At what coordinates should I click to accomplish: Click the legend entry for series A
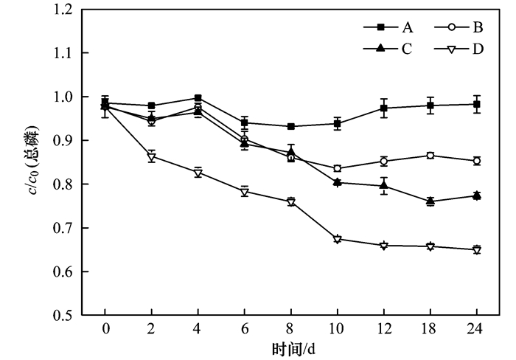pos(391,27)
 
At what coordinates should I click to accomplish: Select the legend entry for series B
pos(463,27)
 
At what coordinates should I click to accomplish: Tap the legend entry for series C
pos(391,49)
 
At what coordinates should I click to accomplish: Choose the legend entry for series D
pos(463,49)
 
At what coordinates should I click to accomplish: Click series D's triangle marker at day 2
pos(152,156)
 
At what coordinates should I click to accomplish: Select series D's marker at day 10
pos(338,240)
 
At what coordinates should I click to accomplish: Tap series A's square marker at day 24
pos(477,104)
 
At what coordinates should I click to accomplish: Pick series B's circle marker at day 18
pos(430,155)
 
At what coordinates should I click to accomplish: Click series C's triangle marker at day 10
pos(338,181)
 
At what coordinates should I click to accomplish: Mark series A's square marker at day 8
pos(291,126)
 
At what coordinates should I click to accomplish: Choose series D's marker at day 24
pos(477,250)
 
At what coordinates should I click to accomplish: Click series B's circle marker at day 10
pos(338,168)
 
